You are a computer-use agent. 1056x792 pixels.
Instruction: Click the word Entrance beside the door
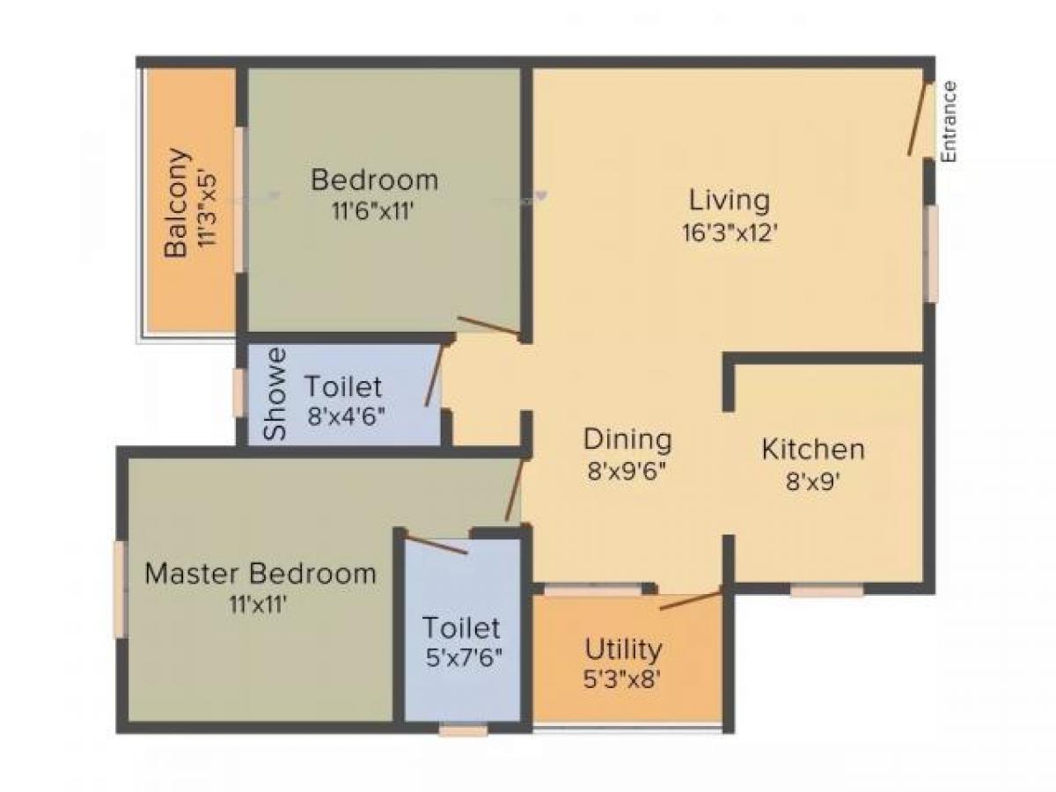948,121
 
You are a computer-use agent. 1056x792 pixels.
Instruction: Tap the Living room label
729,200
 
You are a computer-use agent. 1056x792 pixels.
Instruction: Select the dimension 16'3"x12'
729,232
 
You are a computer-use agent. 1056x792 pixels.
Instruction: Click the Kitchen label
812,450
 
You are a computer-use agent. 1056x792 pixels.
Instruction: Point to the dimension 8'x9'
812,482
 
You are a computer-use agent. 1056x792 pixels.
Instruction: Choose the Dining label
627,438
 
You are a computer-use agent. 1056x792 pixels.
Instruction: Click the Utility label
623,650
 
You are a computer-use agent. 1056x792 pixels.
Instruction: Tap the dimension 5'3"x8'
623,679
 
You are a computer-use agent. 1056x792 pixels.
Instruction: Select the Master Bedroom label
260,574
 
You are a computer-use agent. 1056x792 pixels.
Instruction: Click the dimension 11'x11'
260,605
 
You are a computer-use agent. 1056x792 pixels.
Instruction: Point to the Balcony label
177,202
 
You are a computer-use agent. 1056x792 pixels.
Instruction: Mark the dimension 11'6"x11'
375,211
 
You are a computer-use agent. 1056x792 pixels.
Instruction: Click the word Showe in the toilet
276,394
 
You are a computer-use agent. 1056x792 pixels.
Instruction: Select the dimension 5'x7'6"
461,657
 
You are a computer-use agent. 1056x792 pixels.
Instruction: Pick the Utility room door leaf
691,601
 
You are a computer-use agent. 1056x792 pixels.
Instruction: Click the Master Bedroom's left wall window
119,589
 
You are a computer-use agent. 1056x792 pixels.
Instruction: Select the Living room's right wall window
930,253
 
